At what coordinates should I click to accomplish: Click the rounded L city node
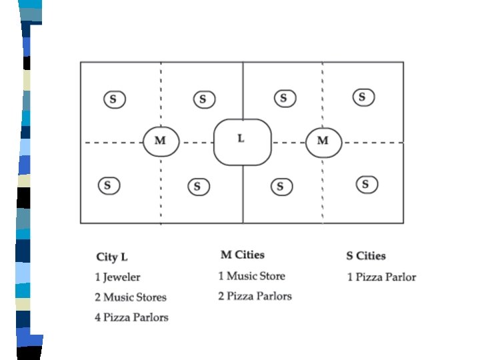pos(242,141)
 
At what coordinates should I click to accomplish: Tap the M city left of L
pos(161,141)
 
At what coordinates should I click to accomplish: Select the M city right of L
pos(323,141)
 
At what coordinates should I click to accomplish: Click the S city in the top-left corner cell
pos(114,100)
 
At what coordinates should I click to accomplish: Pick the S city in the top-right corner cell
pos(363,97)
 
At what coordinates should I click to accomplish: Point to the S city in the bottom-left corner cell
pos(109,185)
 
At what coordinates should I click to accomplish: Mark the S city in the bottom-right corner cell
pos(365,184)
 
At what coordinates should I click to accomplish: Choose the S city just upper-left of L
pos(203,100)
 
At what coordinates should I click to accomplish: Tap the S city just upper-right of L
pos(284,99)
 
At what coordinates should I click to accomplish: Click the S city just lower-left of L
pos(197,186)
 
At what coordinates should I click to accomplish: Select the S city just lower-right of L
pos(281,186)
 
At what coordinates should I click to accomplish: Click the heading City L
pos(112,257)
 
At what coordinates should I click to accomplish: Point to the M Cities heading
pos(242,255)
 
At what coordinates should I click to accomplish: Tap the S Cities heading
pos(365,256)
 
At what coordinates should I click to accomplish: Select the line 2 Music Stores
pos(130,297)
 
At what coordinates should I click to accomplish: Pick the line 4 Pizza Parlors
pos(131,317)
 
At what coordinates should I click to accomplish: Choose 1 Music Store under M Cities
pos(251,276)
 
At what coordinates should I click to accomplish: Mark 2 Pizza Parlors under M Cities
pos(255,296)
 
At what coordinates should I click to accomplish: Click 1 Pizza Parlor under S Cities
pos(381,277)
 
